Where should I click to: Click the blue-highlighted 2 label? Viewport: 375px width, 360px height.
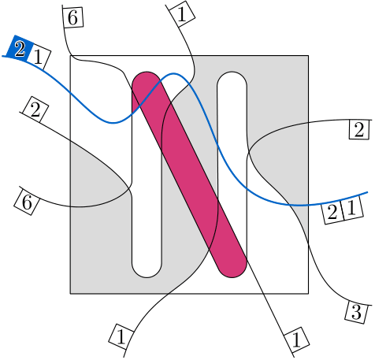(x=20, y=49)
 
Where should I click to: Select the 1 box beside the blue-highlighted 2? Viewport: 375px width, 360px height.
(x=38, y=57)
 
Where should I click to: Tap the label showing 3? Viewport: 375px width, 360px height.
(x=356, y=312)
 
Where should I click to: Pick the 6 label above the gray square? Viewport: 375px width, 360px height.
(x=72, y=17)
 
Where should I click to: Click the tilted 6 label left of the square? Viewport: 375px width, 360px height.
(x=27, y=202)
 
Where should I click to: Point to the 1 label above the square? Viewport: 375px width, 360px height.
(x=182, y=14)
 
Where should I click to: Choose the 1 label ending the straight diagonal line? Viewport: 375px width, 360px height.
(x=296, y=340)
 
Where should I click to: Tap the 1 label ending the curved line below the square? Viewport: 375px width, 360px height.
(x=121, y=336)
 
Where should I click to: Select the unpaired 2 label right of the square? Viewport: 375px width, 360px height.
(x=359, y=129)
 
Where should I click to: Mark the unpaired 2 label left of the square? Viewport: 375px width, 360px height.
(x=35, y=109)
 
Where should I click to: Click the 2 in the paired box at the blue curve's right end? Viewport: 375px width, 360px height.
(x=332, y=212)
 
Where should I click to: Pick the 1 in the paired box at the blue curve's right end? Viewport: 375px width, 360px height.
(x=352, y=208)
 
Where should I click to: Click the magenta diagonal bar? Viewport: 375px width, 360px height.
(x=189, y=174)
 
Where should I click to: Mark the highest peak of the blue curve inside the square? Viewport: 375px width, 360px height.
(x=173, y=74)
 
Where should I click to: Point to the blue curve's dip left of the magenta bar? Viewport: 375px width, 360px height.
(x=113, y=123)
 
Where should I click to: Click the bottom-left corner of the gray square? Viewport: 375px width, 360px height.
(x=70, y=294)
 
